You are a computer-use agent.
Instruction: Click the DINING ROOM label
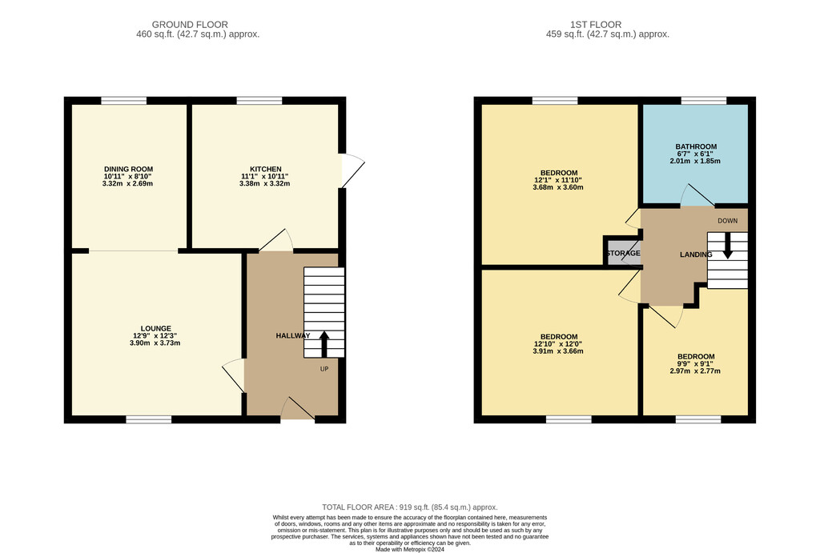(x=129, y=169)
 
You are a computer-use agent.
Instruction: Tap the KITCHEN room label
(x=266, y=169)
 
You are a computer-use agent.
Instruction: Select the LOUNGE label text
(x=156, y=328)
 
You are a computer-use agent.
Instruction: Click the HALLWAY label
(x=293, y=335)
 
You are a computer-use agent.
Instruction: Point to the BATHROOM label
(x=696, y=146)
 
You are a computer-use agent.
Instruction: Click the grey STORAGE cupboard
(x=623, y=253)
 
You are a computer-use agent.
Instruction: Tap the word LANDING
(x=696, y=254)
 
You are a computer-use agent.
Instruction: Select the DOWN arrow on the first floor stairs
(x=727, y=246)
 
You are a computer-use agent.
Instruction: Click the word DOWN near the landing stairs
(x=727, y=221)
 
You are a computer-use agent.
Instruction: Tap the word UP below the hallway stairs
(x=324, y=368)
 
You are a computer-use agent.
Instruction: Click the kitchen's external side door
(x=352, y=170)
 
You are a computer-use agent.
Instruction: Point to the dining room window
(x=124, y=100)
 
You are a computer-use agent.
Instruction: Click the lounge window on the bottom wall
(x=148, y=419)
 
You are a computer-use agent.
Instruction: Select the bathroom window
(x=704, y=100)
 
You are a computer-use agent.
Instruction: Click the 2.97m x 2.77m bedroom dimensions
(x=695, y=371)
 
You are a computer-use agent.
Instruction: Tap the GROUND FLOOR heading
(x=190, y=25)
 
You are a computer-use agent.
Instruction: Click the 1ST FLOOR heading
(x=596, y=25)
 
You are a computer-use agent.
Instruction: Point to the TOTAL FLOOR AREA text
(x=410, y=507)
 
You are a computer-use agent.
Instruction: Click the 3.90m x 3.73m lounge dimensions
(x=155, y=343)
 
